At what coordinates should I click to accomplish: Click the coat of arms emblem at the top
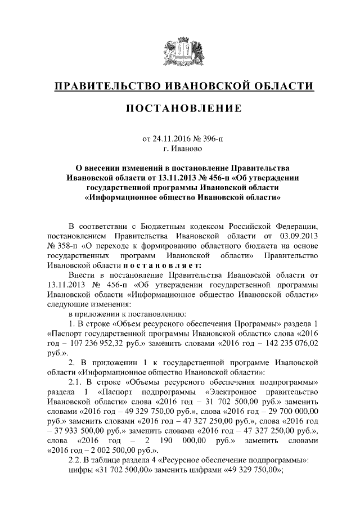click(x=179, y=51)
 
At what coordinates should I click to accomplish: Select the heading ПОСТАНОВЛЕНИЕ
click(x=179, y=108)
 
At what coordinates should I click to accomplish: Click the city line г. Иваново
click(x=179, y=148)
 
